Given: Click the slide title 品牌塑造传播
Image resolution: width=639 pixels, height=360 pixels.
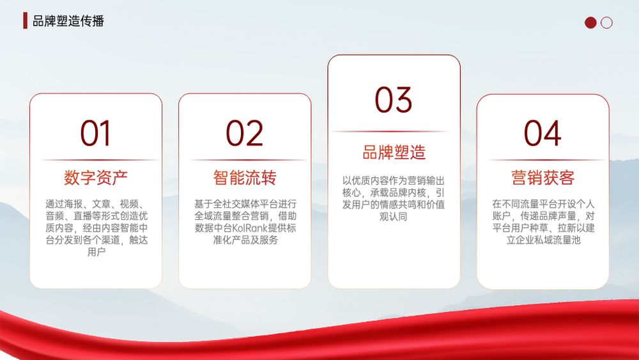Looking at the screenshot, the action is coord(68,21).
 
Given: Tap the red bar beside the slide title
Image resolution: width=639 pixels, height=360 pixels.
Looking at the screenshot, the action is coord(26,20).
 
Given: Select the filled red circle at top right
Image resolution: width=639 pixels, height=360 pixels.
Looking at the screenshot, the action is coord(590,23).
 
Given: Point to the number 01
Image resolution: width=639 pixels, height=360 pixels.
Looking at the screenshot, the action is coord(95,133).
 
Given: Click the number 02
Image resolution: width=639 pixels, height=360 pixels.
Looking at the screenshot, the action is coord(245,133).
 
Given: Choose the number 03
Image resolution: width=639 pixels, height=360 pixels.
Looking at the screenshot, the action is coord(394,100).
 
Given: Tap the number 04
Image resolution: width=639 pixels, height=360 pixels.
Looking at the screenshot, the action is coord(543,133).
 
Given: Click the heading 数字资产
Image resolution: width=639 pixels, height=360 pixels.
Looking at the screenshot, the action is coord(96,178).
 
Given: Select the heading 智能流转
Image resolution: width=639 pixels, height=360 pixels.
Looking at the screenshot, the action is coord(245,178).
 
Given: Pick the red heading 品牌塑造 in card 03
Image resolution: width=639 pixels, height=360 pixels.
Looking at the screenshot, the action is coord(394,152).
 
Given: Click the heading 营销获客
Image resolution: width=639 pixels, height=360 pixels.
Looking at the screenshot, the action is coord(543,178).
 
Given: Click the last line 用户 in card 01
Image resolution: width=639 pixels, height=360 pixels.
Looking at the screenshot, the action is coord(96,252).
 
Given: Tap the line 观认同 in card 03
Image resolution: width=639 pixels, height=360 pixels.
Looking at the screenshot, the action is coord(393,217).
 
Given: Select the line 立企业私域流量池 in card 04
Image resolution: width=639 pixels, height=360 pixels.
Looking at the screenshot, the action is coord(543,240).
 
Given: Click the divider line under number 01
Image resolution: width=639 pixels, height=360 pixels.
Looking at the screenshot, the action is coord(100,160).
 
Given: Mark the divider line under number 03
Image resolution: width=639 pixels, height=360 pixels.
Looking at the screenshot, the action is coord(390,132).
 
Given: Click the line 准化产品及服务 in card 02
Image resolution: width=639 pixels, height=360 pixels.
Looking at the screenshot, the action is coord(245,240).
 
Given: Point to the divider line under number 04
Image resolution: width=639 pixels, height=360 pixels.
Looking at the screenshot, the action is coord(546,160).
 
